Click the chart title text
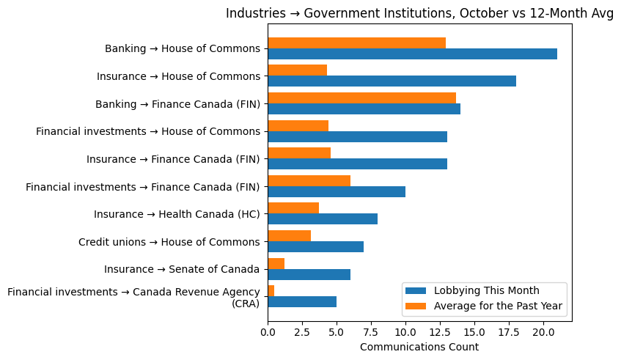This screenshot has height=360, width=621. pos(419,14)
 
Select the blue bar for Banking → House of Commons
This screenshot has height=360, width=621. pos(412,54)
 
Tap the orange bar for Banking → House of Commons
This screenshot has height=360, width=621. pos(356,43)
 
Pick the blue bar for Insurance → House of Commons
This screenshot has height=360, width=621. pos(392,81)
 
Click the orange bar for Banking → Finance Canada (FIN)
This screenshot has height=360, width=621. pos(361,98)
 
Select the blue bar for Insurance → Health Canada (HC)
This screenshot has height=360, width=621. pos(323,218)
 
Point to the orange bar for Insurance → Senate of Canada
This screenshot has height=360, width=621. pos(276,263)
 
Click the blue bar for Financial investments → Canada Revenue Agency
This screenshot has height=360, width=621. pos(302,301)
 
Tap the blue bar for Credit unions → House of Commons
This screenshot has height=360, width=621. pos(315,246)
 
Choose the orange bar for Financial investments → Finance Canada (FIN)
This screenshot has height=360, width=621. pos(309,180)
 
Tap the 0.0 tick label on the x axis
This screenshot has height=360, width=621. pos(268,332)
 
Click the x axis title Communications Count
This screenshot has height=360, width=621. pos(419,347)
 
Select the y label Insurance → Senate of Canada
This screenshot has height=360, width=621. pos(182,269)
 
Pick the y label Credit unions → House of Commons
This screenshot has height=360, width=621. pos(169,242)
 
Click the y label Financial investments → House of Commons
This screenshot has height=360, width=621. pos(148,131)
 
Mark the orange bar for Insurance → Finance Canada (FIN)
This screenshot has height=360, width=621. pos(299,153)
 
